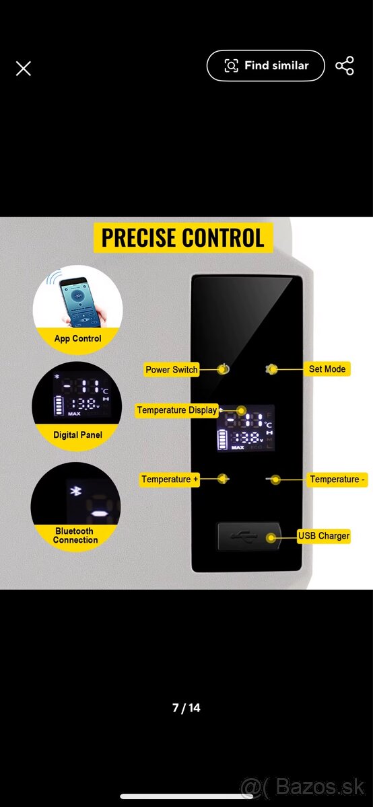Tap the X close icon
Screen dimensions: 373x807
pyautogui.click(x=24, y=69)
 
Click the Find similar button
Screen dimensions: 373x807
pyautogui.click(x=266, y=66)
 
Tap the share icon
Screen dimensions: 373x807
pyautogui.click(x=345, y=66)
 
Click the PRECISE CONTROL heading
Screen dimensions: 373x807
pyautogui.click(x=183, y=238)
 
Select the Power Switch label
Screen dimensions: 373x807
pyautogui.click(x=171, y=370)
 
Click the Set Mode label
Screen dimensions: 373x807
pyautogui.click(x=327, y=369)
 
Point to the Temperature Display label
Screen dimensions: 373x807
pyautogui.click(x=177, y=410)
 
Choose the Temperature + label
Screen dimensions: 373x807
pyautogui.click(x=170, y=479)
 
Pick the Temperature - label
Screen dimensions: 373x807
pyautogui.click(x=337, y=479)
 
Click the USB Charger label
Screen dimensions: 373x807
pyautogui.click(x=324, y=536)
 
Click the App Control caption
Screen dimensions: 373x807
pyautogui.click(x=77, y=339)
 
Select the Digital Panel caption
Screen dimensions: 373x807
pyautogui.click(x=77, y=435)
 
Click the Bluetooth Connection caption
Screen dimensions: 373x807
pyautogui.click(x=75, y=535)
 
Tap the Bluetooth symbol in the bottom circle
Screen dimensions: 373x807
pyautogui.click(x=75, y=491)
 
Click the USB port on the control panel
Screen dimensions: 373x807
pyautogui.click(x=248, y=537)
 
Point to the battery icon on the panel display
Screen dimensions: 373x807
pyautogui.click(x=222, y=440)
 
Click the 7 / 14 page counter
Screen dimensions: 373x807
pyautogui.click(x=186, y=708)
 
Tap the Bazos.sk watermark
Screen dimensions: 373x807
pyautogui.click(x=303, y=787)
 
